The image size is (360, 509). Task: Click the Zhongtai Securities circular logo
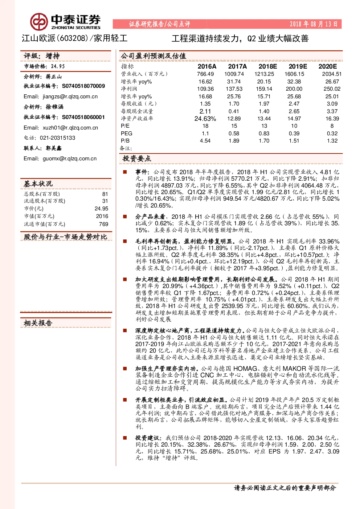tap(39, 22)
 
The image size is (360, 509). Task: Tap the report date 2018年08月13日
tap(314, 24)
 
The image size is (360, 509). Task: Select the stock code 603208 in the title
tap(73, 38)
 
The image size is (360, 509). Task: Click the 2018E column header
tap(267, 66)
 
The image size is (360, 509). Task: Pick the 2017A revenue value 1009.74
tap(234, 74)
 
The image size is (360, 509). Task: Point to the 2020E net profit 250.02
tap(332, 89)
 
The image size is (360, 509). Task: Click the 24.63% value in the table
tap(205, 119)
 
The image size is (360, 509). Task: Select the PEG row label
tap(126, 134)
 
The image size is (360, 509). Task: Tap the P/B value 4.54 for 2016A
tap(205, 141)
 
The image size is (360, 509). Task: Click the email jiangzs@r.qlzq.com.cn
tap(70, 97)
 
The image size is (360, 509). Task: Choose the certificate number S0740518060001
tap(83, 117)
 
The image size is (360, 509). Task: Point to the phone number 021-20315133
tap(57, 138)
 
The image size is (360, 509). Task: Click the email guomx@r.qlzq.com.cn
tap(69, 159)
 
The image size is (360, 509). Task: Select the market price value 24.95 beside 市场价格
tap(58, 66)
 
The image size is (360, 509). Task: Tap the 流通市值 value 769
tap(103, 224)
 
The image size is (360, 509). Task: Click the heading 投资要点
tap(137, 159)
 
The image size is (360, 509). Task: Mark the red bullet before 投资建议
tap(125, 438)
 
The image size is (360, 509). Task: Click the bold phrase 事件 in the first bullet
tap(142, 172)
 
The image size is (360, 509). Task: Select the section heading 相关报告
tap(38, 323)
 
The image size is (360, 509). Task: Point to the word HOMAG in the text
tap(245, 368)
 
